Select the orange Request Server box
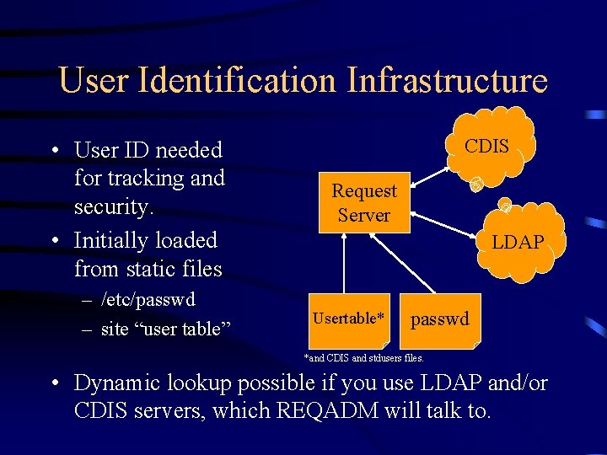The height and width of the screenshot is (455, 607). tap(363, 203)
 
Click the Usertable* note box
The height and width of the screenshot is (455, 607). tap(349, 318)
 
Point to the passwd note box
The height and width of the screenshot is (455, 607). tap(440, 320)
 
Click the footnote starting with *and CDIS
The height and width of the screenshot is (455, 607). tap(363, 358)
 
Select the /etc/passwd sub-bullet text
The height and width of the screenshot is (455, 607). tap(148, 299)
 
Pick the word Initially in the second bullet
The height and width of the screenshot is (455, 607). tap(109, 240)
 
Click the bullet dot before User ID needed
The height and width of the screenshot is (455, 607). tap(53, 151)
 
